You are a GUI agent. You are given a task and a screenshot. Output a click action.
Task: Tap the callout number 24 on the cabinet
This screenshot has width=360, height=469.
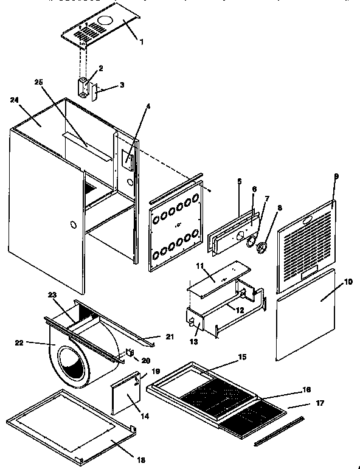[x=15, y=99]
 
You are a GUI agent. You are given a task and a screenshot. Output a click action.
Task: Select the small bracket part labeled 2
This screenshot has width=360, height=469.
[x=83, y=86]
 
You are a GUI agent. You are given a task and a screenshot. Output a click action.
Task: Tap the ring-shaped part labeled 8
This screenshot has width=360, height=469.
[x=263, y=248]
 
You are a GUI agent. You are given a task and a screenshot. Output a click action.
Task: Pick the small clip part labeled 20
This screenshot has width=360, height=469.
[x=129, y=352]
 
